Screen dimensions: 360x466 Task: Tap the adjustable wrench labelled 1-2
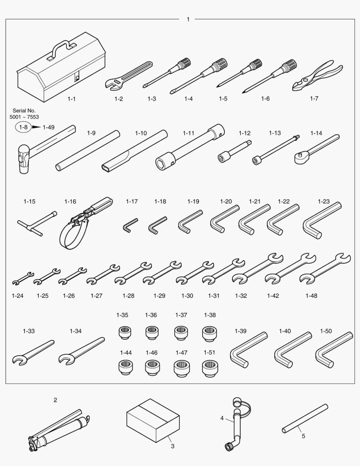[x=128, y=75]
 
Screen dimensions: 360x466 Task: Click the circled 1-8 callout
[x=23, y=127]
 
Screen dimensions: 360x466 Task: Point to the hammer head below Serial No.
[x=23, y=158]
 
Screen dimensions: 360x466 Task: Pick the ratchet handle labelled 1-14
[x=316, y=149]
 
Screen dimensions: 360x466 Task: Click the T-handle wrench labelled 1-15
[x=37, y=224]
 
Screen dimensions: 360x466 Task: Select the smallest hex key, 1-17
[x=130, y=225]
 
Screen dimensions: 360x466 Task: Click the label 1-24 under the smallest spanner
[x=18, y=296]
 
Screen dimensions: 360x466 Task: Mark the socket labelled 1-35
[x=125, y=333]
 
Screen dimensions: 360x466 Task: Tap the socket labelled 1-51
[x=210, y=368]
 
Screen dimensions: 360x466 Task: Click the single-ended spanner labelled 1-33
[x=33, y=353]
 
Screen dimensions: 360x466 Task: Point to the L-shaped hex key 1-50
[x=334, y=350]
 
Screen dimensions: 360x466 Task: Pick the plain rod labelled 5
[x=305, y=419]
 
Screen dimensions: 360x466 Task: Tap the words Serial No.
[x=24, y=110]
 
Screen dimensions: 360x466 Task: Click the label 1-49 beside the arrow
[x=48, y=127]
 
